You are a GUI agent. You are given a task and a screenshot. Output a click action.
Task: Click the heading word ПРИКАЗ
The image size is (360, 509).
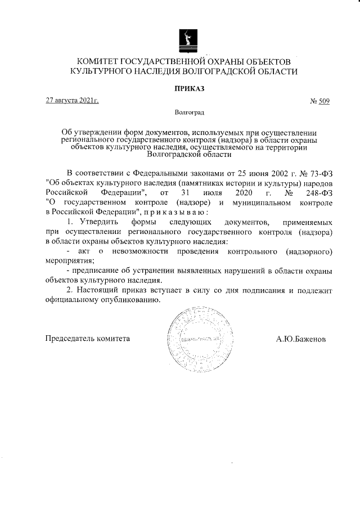188,88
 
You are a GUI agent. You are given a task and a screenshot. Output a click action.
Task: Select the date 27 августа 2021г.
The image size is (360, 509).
73,101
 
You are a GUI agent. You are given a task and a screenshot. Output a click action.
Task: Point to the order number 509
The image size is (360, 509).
323,101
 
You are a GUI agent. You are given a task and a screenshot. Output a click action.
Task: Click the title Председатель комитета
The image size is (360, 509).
88,339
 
